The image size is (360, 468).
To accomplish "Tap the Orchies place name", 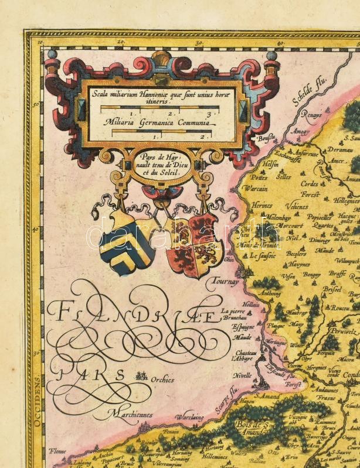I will tap(162, 379).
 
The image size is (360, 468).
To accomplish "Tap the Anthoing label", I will tap(270, 293).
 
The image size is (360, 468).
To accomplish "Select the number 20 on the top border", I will tap(120, 42).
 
